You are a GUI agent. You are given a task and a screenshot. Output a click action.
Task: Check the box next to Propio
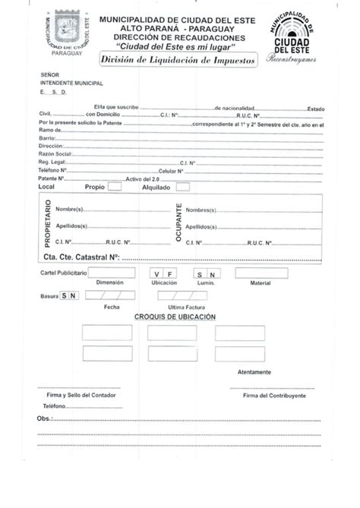115,185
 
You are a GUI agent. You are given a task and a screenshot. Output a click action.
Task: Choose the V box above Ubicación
157,273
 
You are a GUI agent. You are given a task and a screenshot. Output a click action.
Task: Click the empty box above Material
261,273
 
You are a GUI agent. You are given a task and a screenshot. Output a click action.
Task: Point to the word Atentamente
254,372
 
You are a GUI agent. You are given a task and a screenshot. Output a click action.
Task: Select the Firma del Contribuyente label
274,396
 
